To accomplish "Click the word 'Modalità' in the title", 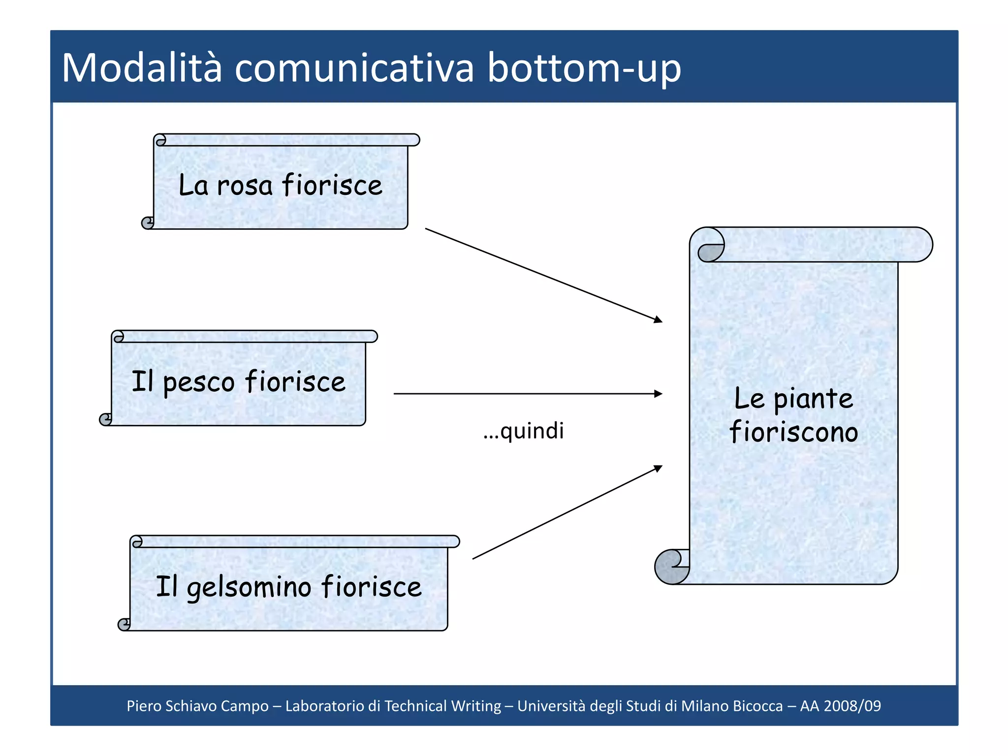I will (142, 68).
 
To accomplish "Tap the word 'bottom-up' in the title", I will (584, 68).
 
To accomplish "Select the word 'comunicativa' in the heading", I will (354, 68).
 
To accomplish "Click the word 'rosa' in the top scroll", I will (245, 186).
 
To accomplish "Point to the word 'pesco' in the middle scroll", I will (198, 382).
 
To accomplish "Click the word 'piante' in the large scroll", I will (813, 399).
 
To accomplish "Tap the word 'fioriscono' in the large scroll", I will (793, 432).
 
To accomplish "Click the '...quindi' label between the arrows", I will (523, 431).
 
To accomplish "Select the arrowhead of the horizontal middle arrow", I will (658, 394).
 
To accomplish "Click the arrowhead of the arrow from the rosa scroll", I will (658, 320).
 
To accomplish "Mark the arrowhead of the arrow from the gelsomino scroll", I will (658, 468).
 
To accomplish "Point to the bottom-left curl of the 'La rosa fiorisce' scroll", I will (148, 223).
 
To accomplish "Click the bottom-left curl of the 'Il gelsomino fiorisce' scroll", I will (124, 625).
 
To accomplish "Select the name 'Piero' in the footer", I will (144, 706).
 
